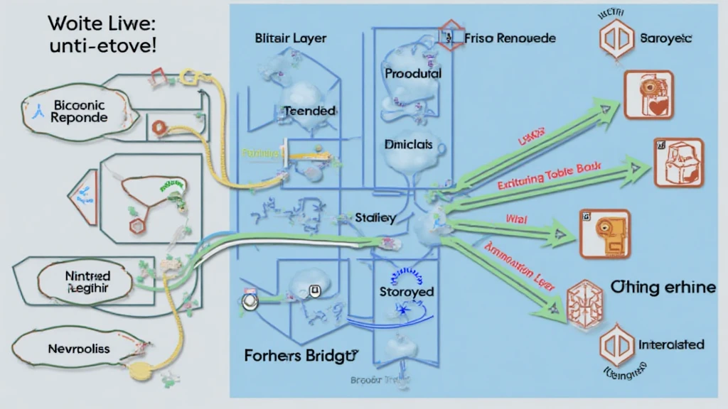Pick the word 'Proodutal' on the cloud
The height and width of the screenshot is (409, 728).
tap(413, 73)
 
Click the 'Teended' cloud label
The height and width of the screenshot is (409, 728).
tap(309, 111)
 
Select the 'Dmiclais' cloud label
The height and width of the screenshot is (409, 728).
tap(408, 144)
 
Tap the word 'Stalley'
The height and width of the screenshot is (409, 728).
tap(375, 219)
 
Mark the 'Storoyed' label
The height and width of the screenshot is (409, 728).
tap(407, 292)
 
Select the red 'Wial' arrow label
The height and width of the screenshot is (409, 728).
tap(515, 219)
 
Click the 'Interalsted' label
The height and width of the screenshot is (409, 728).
tap(671, 344)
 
